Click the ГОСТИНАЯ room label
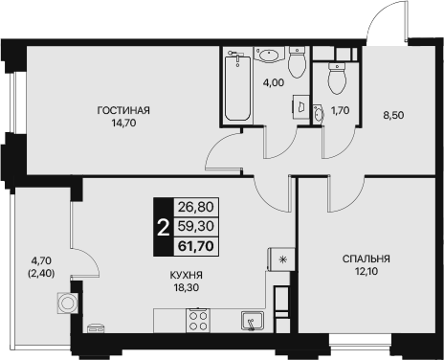tap(123, 110)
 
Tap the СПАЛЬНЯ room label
tap(366, 259)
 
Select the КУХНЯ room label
tap(187, 275)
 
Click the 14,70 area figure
tap(123, 123)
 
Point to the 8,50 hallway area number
tap(393, 115)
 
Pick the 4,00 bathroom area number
tap(274, 82)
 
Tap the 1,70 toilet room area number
tap(341, 110)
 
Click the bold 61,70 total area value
tap(196, 246)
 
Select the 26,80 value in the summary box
tap(196, 207)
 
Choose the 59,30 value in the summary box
tap(196, 226)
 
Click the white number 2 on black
tap(164, 228)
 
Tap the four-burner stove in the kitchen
tap(198, 321)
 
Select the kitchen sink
tap(253, 321)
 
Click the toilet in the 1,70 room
tap(337, 78)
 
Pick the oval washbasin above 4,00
tap(270, 55)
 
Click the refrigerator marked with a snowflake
tap(281, 259)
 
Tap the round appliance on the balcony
tap(67, 303)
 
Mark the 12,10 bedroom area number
tap(366, 271)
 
